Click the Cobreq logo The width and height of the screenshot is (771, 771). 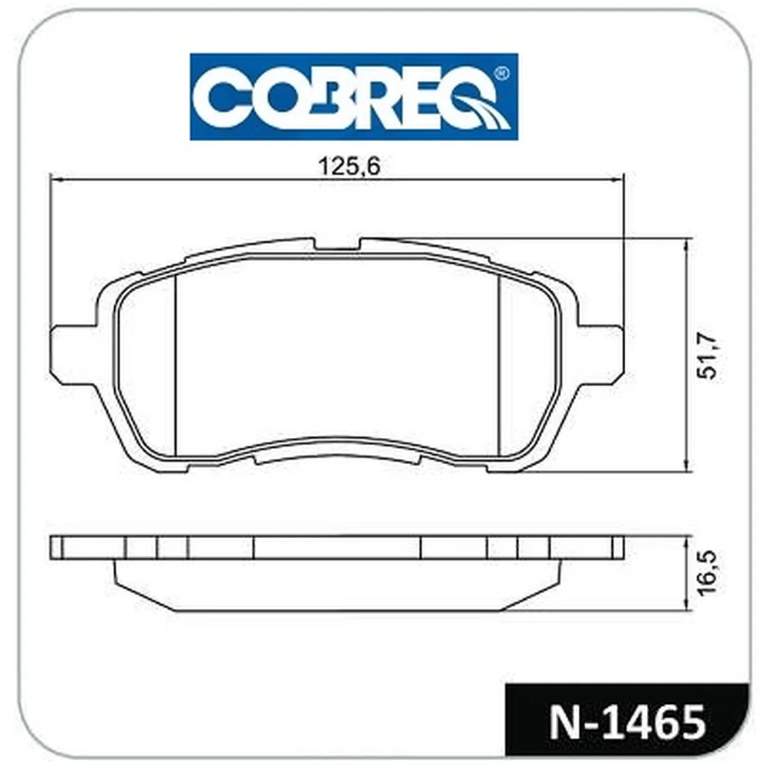(x=354, y=97)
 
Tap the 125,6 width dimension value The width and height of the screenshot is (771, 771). (x=349, y=167)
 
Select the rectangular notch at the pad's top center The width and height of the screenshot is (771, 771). (x=338, y=244)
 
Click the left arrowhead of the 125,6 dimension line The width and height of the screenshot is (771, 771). (x=56, y=180)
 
